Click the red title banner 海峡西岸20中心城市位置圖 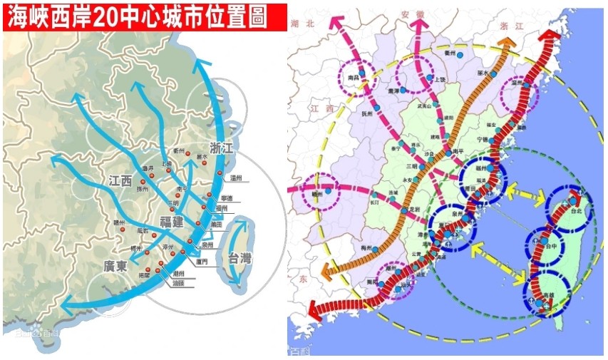pos(135,17)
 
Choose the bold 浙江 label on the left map pos(218,150)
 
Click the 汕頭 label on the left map pos(180,283)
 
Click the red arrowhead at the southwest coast pos(314,312)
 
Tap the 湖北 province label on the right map pos(302,23)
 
